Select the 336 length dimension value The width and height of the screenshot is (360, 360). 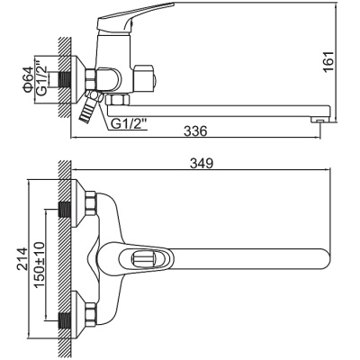tap(194, 130)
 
